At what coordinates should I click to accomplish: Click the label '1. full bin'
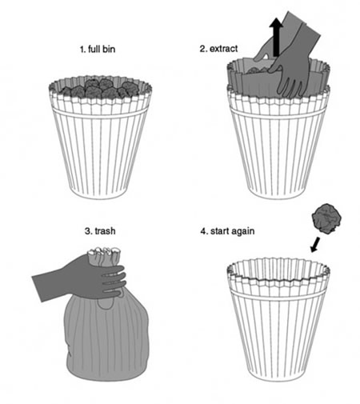click(98, 50)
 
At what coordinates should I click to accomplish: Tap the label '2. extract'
click(218, 49)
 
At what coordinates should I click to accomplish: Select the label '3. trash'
click(100, 230)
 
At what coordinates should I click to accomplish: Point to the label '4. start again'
click(227, 231)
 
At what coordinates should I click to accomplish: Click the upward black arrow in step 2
click(276, 37)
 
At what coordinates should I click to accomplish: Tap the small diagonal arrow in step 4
click(315, 245)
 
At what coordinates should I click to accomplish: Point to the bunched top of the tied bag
click(105, 256)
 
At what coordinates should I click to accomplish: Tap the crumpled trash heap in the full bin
click(100, 88)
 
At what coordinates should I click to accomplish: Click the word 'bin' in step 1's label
click(108, 50)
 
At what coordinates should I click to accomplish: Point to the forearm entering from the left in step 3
click(48, 283)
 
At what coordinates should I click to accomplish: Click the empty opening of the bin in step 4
click(278, 270)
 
